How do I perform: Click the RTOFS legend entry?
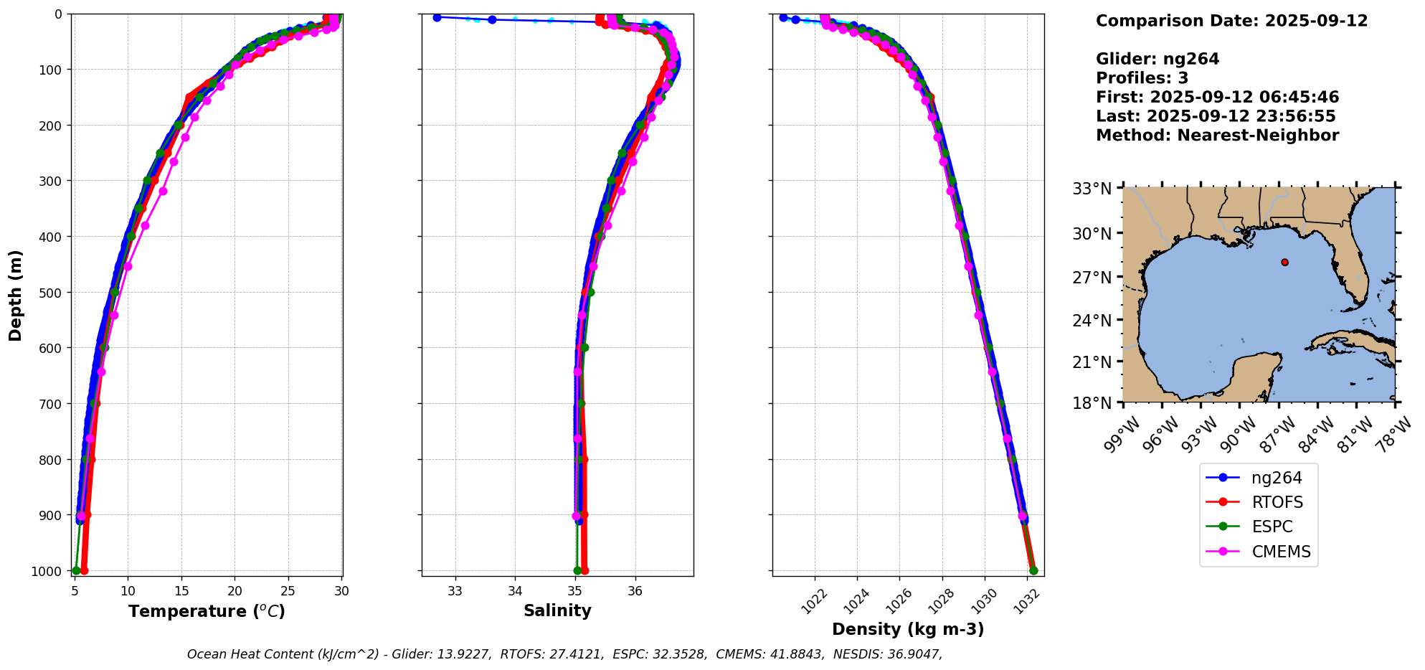1277,502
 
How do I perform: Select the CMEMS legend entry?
1281,552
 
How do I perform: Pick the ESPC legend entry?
1272,527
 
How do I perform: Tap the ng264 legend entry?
1277,478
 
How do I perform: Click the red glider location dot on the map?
1284,262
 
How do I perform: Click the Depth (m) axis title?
16,295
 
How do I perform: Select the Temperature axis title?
207,611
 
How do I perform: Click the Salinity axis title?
557,611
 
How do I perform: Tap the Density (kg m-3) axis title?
908,629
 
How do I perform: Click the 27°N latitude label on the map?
1092,277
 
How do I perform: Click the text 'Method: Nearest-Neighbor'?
1217,136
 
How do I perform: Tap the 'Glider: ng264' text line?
1157,59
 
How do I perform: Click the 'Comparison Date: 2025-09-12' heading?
1231,21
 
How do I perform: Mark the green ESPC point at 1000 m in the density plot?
1033,570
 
